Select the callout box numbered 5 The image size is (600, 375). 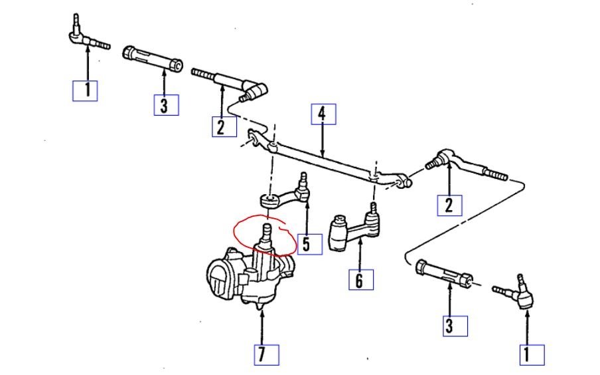point(305,243)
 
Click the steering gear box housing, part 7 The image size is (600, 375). point(246,276)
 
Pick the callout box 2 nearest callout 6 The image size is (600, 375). point(449,205)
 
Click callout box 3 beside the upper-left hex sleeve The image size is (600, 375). point(165,105)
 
